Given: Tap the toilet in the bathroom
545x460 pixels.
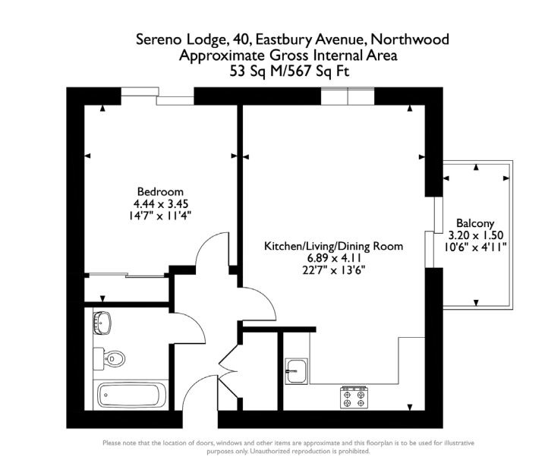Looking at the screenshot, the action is coord(109,358).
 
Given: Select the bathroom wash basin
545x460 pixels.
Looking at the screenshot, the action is coord(102,323).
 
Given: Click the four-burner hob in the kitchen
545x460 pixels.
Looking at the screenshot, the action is coord(354,397).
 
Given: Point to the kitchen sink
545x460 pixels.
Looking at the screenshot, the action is coord(296,371).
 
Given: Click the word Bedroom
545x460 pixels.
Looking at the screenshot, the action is coord(160,191).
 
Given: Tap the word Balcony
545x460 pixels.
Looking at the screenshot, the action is coord(475,223).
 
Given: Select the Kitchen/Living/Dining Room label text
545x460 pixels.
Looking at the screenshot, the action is coord(334,246).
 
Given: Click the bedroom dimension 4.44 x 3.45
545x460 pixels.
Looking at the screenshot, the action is coord(161,203).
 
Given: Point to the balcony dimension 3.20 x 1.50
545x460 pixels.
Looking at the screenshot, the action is coord(476,235).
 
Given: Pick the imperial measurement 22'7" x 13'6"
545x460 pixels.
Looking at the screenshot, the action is coord(334,269).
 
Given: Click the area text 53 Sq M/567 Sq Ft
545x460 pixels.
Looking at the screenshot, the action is coord(289,71).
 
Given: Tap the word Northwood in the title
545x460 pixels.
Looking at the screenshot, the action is coord(410,39).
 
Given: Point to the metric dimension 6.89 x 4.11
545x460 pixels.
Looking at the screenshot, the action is coord(334,258).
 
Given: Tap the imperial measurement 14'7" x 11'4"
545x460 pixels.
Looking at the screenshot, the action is coord(160,216).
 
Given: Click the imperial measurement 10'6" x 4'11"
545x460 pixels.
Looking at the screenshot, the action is coord(475,247).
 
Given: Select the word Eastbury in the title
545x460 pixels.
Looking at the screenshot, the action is coord(284,39).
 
